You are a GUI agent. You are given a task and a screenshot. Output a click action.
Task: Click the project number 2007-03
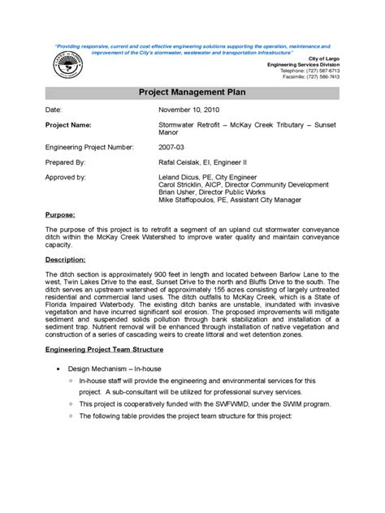coord(171,148)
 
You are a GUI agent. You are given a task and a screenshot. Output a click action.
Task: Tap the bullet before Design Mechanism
coord(59,368)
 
